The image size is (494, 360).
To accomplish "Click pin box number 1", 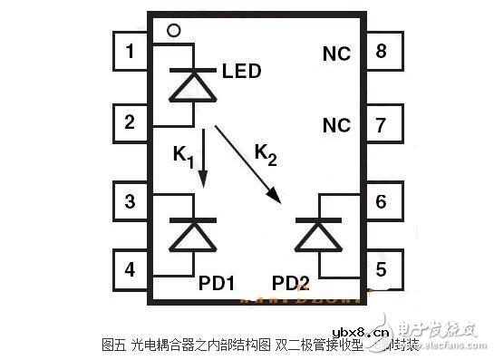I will [131, 52].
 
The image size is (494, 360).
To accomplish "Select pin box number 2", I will [131, 122].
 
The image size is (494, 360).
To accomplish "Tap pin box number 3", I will [131, 200].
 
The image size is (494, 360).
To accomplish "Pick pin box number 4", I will [131, 268].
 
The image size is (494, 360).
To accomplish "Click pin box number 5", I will [382, 268].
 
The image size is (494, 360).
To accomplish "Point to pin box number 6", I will [382, 200].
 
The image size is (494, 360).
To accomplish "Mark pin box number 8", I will [382, 52].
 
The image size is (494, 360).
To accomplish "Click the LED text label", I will [241, 70].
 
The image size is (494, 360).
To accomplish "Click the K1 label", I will [182, 156].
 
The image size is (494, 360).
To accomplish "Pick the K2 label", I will [265, 155].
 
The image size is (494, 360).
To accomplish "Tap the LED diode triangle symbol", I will [193, 85].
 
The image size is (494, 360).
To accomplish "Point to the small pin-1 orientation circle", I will [173, 30].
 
